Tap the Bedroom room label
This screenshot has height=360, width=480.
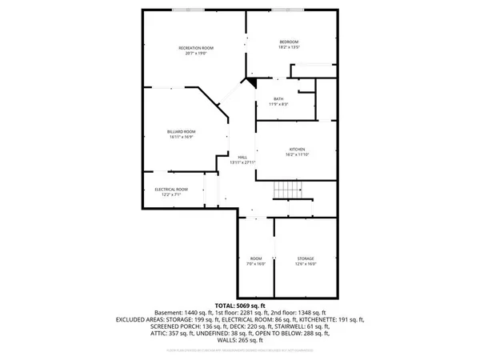[x=289, y=42]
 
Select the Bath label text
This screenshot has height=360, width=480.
[x=278, y=99]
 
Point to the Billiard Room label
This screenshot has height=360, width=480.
[x=182, y=131]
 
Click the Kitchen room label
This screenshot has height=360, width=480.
[x=298, y=150]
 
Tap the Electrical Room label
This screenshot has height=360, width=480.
[x=171, y=189]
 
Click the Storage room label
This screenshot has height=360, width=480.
[x=306, y=258]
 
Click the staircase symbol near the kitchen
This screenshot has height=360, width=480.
[x=286, y=190]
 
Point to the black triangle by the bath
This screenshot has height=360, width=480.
[x=251, y=80]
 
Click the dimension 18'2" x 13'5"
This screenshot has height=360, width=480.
[x=289, y=46]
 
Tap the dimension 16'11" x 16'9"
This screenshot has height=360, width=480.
[x=182, y=136]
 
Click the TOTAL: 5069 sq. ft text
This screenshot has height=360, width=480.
[x=240, y=306]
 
